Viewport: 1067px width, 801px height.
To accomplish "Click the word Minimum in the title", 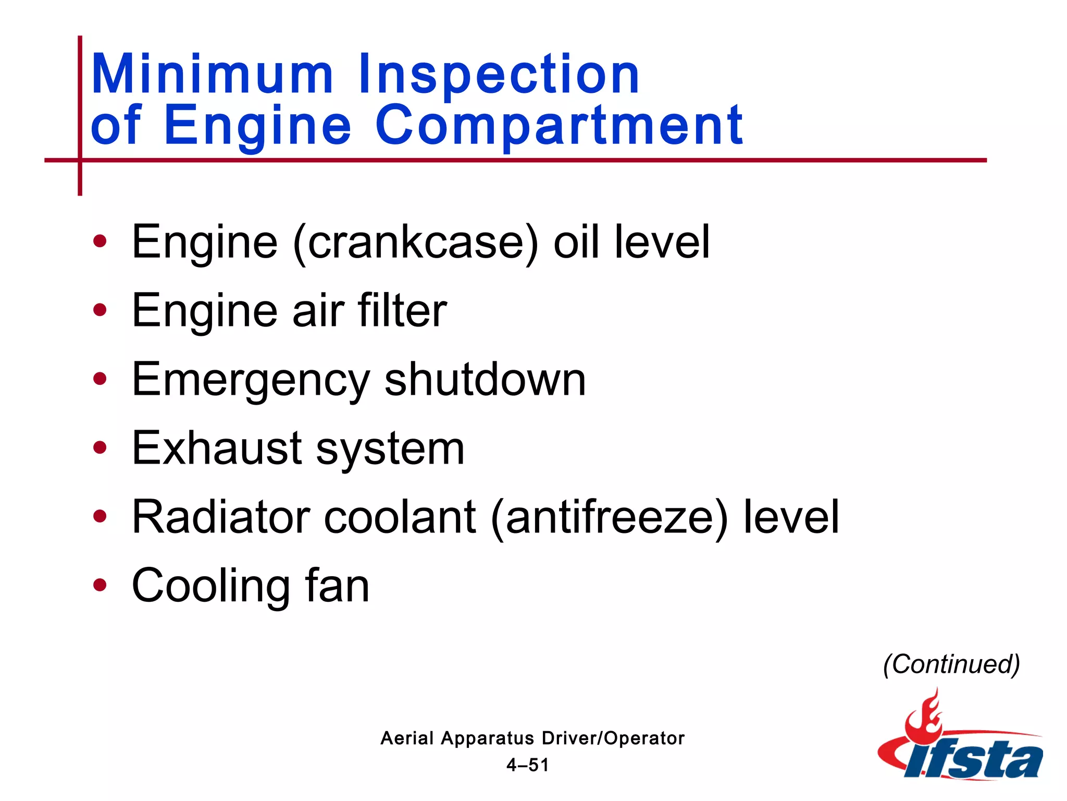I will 212,74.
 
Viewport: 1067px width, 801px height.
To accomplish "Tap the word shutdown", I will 485,379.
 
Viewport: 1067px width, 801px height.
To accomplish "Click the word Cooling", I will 210,587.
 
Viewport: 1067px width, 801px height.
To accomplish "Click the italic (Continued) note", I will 951,664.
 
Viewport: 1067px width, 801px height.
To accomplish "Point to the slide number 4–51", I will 528,765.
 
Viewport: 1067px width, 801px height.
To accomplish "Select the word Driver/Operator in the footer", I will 613,738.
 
